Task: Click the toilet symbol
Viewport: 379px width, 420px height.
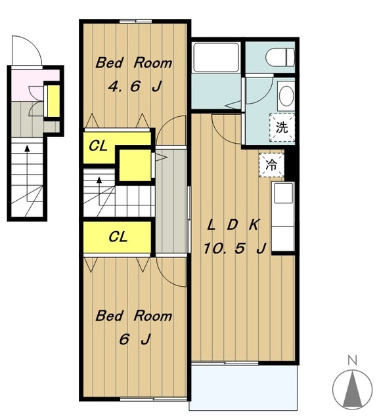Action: point(280,57)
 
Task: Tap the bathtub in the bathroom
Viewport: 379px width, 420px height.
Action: point(216,57)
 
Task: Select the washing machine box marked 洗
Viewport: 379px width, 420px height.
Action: point(282,127)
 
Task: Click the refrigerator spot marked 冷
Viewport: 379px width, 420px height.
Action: point(271,165)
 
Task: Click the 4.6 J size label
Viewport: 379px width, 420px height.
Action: point(135,87)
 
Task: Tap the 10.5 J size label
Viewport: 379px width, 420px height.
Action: point(234,248)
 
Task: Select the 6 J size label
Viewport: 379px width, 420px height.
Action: point(135,340)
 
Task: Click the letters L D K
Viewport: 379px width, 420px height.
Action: point(233,225)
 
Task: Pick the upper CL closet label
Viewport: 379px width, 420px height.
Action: point(98,146)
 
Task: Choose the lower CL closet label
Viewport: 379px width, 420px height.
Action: point(118,237)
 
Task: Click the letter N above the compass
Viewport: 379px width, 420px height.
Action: point(352,360)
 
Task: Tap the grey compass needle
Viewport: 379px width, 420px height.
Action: point(353,388)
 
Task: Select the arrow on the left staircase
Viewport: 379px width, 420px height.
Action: point(27,173)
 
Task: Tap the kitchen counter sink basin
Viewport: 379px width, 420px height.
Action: point(284,193)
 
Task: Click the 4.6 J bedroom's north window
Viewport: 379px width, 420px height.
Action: point(135,22)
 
